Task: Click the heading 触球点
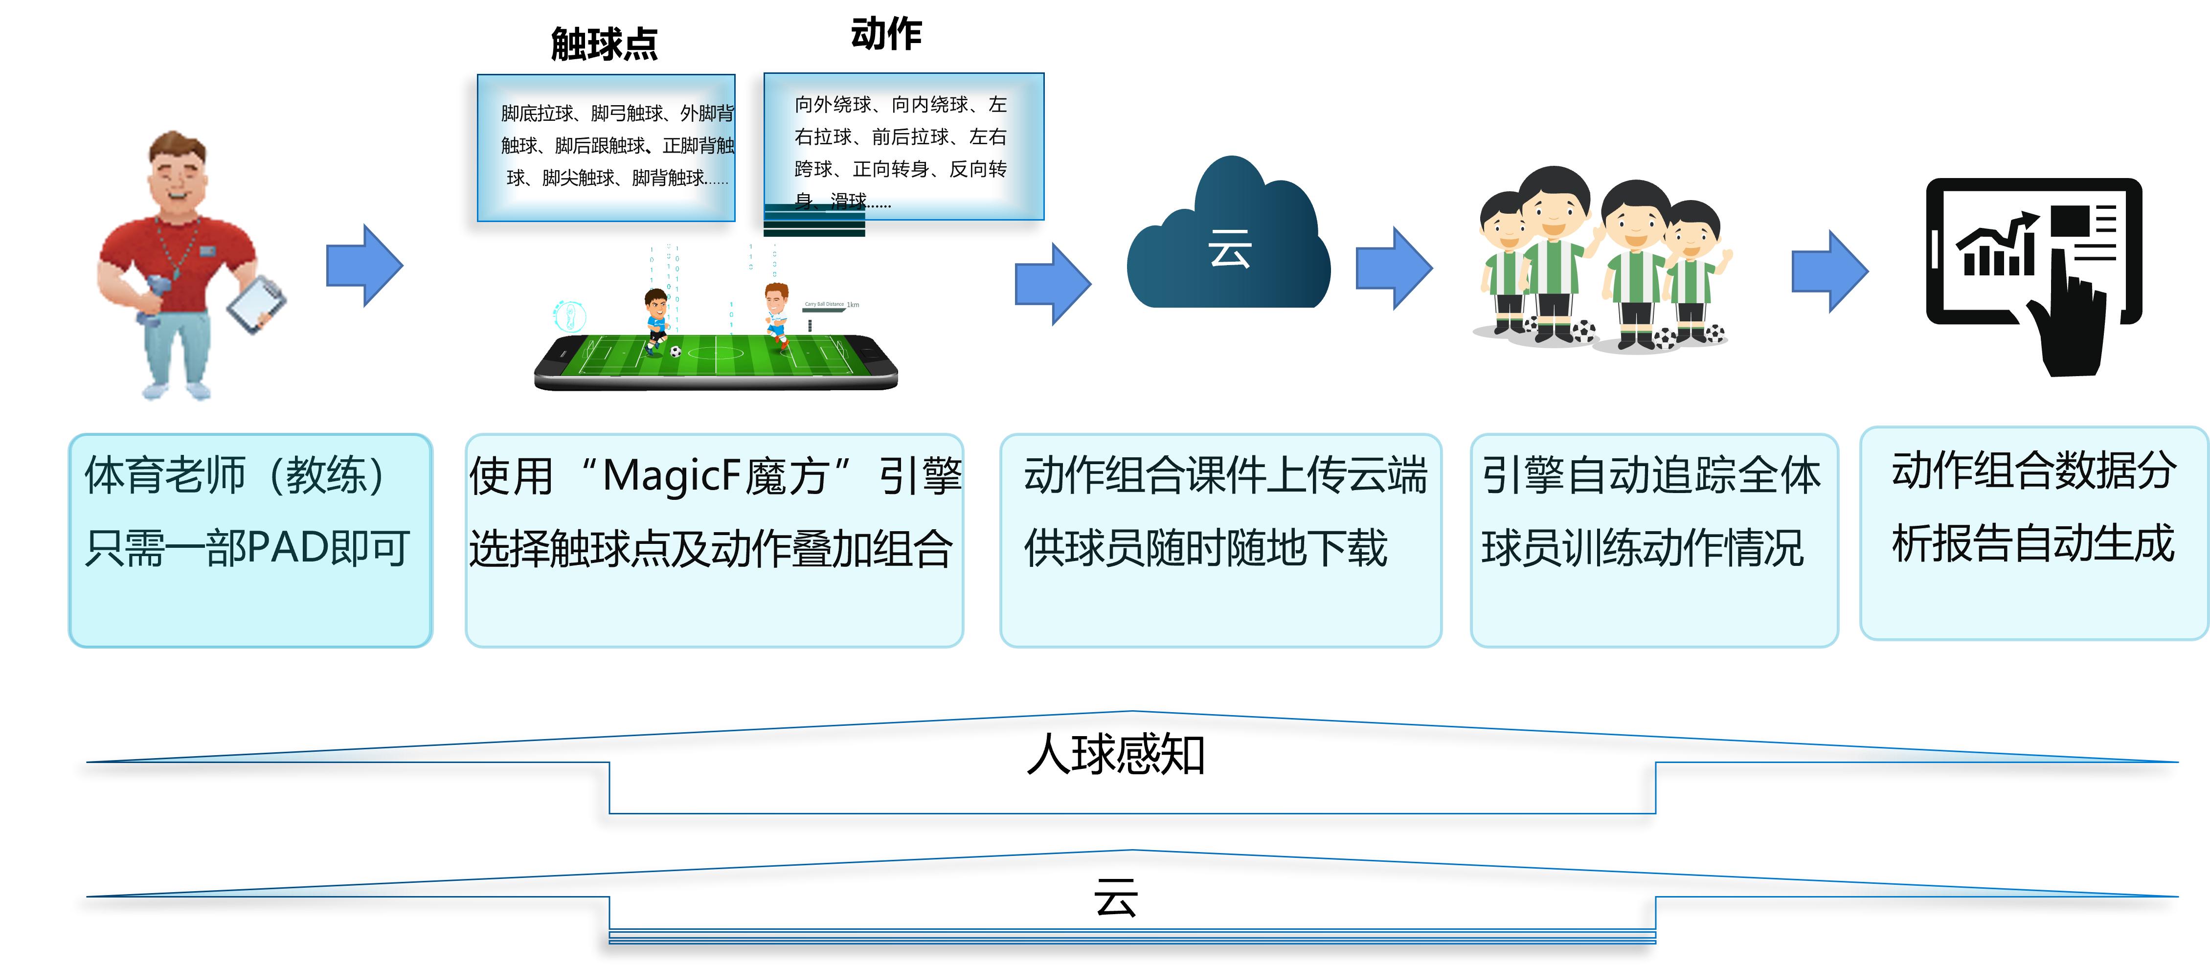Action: pyautogui.click(x=604, y=44)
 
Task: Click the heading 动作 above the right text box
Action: pyautogui.click(x=886, y=34)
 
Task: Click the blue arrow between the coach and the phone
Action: pyautogui.click(x=364, y=266)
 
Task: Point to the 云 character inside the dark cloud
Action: pyautogui.click(x=1229, y=249)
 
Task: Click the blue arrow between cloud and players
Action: pyautogui.click(x=1393, y=268)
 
